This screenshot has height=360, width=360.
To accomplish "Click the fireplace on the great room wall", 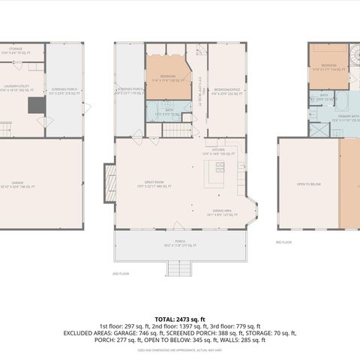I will click(109, 180).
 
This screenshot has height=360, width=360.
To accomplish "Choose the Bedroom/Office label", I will click(226, 91).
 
